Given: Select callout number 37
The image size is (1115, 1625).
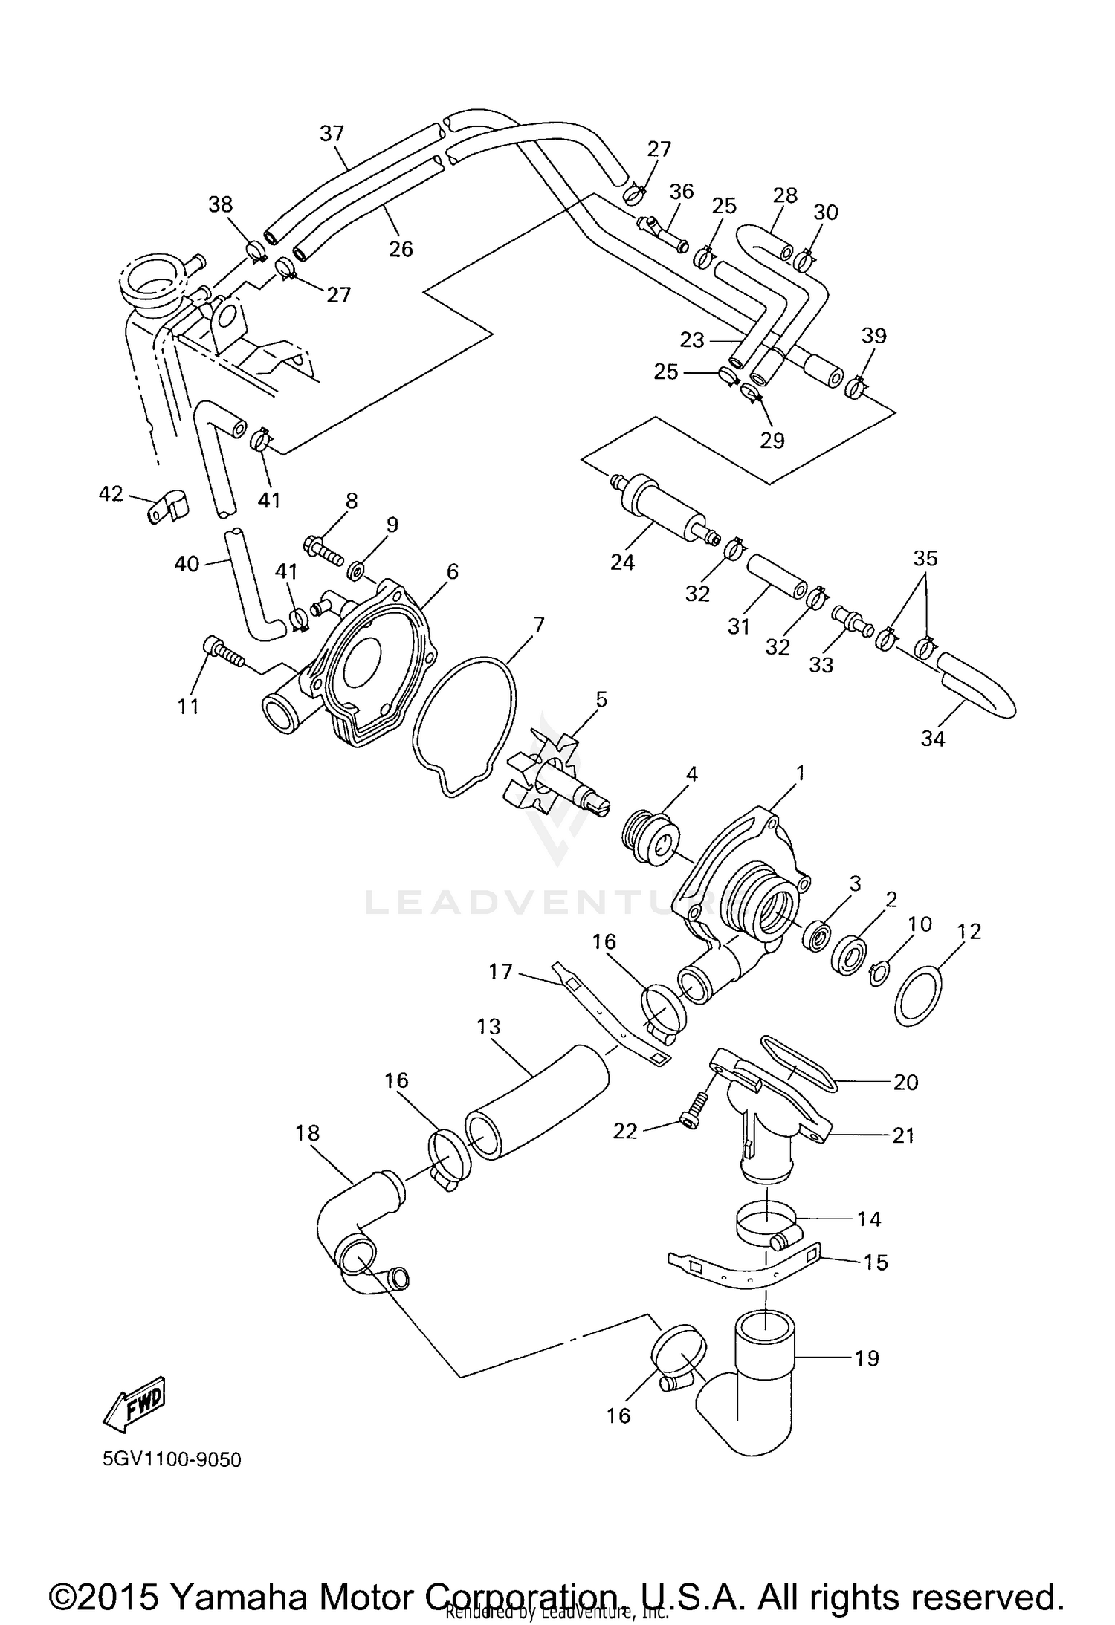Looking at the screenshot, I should click(x=332, y=134).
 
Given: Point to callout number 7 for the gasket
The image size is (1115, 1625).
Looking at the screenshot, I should click(x=538, y=625).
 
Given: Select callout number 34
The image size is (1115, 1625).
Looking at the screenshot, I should click(x=932, y=739).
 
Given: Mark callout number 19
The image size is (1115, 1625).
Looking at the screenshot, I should click(x=867, y=1358).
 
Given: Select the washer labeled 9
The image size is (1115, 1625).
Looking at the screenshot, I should click(x=357, y=571).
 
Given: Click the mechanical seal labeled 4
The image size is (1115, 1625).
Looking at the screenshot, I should click(x=650, y=839).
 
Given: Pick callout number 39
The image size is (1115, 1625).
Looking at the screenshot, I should click(x=874, y=336).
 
